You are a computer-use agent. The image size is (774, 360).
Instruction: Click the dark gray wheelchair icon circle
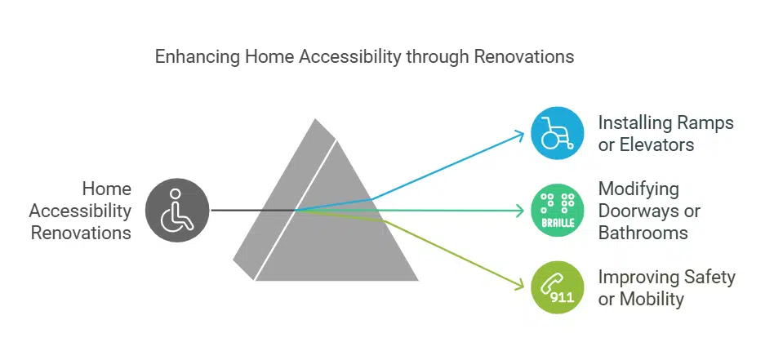pos(176,211)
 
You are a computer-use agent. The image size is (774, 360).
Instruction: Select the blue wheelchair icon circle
pos(557,133)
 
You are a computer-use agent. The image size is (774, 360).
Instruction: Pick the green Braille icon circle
pos(557,211)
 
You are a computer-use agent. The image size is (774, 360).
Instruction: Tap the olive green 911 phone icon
pos(557,287)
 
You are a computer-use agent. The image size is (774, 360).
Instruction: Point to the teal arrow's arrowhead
pos(519,211)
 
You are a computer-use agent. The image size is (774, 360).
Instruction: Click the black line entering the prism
pos(253,211)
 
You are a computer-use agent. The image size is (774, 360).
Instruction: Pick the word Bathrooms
pos(643,233)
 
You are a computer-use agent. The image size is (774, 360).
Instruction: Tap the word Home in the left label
pos(107,189)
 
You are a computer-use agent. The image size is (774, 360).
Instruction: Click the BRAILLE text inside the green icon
pos(557,221)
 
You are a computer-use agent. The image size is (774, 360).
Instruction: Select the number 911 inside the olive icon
pos(562,298)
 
